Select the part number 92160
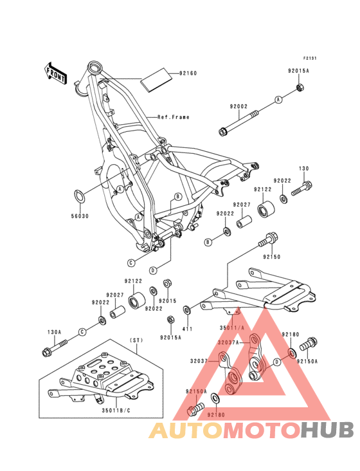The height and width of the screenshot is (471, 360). [x=188, y=73]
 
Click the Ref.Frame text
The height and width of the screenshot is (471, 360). [x=174, y=117]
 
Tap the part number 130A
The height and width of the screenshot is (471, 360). [x=54, y=332]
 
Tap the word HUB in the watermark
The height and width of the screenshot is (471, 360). [x=327, y=430]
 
